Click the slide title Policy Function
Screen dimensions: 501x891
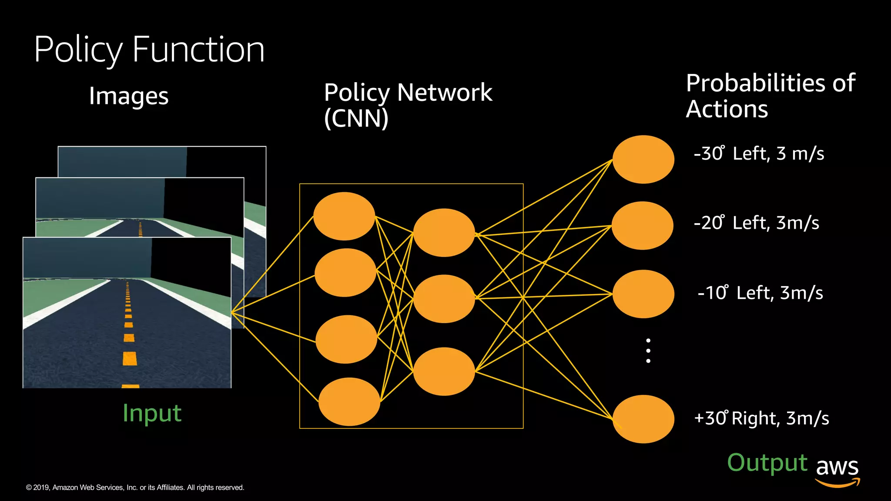[x=149, y=50]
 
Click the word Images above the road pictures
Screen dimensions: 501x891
[x=128, y=96]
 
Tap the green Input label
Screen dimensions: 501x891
[x=152, y=413]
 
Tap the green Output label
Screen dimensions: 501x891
[x=767, y=463]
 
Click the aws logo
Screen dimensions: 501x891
[x=837, y=471]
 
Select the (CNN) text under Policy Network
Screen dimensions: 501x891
[x=356, y=118]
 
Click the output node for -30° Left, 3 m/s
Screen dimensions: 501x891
[x=643, y=159]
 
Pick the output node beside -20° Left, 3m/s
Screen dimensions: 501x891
[x=642, y=225]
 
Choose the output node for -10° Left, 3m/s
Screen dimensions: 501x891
[x=643, y=294]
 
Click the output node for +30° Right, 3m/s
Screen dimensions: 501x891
[x=643, y=419]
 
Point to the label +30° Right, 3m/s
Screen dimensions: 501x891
[x=761, y=418]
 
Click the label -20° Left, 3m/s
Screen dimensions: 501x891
[x=756, y=223]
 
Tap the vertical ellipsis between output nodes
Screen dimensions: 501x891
[x=648, y=351]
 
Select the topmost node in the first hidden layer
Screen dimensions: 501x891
[x=344, y=216]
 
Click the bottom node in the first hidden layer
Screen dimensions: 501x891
[x=349, y=402]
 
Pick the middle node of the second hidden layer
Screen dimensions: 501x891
[x=444, y=299]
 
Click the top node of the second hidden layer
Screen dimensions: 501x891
[x=444, y=233]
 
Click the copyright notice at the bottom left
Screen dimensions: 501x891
[x=135, y=488]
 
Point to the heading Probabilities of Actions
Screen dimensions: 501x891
[x=770, y=96]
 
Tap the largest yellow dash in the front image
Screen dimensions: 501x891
[x=130, y=358]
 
